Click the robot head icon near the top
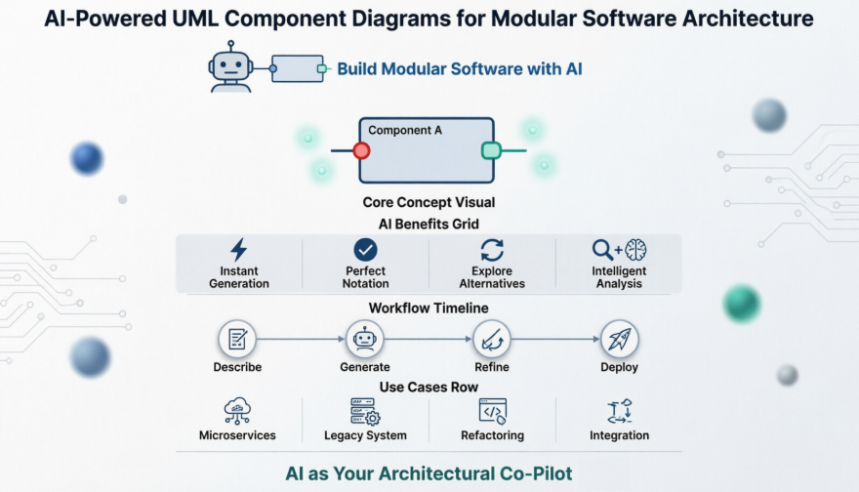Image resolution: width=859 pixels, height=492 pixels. [x=230, y=67]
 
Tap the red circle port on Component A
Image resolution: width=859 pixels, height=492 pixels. [x=361, y=150]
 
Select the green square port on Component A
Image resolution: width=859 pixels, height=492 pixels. [x=491, y=150]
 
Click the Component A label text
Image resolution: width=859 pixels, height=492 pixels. [x=405, y=130]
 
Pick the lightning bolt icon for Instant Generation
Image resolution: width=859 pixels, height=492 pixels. [x=238, y=249]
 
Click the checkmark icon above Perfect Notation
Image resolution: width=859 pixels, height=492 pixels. [x=365, y=249]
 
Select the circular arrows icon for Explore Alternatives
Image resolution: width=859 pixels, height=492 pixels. [x=492, y=249]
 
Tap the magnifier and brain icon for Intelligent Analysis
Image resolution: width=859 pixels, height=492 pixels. [x=619, y=249]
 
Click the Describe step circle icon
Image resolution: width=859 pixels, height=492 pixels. [x=237, y=339]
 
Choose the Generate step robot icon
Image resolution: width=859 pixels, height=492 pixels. [x=365, y=339]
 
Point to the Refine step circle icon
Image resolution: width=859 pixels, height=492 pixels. [x=492, y=339]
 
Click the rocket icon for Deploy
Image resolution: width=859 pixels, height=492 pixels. [x=619, y=339]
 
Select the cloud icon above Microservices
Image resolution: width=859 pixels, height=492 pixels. [x=237, y=410]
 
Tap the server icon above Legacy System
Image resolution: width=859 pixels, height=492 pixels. [x=365, y=410]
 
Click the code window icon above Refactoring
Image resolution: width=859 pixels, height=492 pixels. [x=492, y=410]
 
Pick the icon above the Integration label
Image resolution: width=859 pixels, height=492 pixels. [x=619, y=410]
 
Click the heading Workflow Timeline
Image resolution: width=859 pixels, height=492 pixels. [x=429, y=307]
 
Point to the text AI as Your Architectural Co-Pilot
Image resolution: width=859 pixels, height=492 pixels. [x=429, y=473]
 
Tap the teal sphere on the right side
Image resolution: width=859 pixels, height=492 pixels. [x=742, y=304]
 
